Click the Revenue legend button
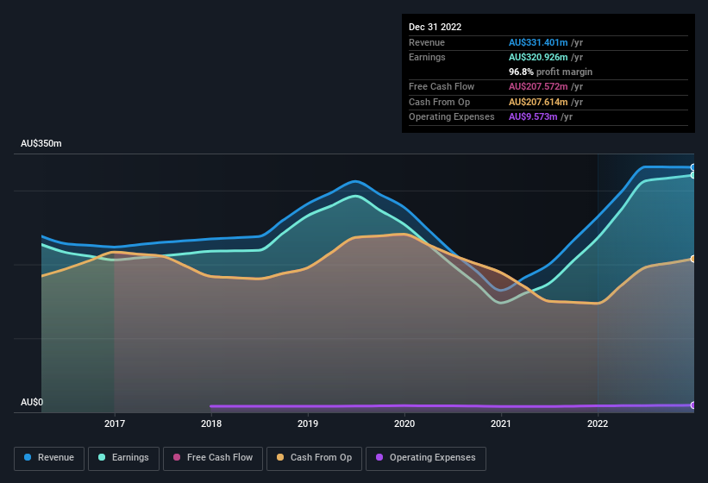pyautogui.click(x=49, y=458)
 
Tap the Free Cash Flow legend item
pyautogui.click(x=213, y=458)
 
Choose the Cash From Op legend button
pyautogui.click(x=314, y=458)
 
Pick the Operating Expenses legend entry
pyautogui.click(x=425, y=458)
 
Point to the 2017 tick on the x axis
pyautogui.click(x=115, y=423)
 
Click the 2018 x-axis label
pyautogui.click(x=211, y=423)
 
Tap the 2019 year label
pyautogui.click(x=308, y=423)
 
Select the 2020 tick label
pyautogui.click(x=404, y=423)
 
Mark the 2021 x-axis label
pyautogui.click(x=501, y=423)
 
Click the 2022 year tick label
pyautogui.click(x=598, y=423)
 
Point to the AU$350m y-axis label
pyautogui.click(x=41, y=143)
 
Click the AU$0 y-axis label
pyautogui.click(x=32, y=403)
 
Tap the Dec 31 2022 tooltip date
pyautogui.click(x=435, y=27)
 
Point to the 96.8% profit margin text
pyautogui.click(x=550, y=72)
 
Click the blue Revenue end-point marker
pyautogui.click(x=693, y=167)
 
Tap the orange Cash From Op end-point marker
pyautogui.click(x=693, y=259)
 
